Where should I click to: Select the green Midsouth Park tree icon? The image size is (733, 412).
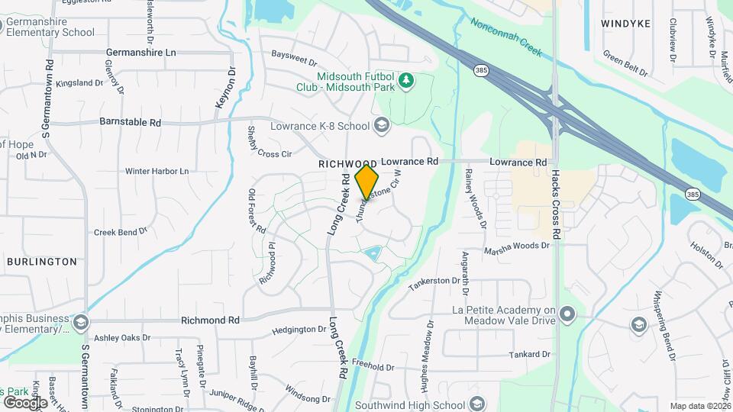407,80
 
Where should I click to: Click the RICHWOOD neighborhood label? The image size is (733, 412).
348,164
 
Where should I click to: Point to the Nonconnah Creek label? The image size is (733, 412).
506,37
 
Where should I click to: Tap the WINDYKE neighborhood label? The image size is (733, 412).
625,24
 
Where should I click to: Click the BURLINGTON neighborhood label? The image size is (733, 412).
42,262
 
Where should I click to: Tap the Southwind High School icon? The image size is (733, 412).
477,404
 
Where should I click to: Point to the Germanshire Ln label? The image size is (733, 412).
140,53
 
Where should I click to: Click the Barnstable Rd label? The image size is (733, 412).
130,122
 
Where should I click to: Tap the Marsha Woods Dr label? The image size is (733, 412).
516,246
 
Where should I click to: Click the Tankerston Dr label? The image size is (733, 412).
438,283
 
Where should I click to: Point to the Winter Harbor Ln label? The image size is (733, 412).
157,172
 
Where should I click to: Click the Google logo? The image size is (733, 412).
24,403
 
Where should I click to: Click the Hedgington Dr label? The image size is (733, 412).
299,330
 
